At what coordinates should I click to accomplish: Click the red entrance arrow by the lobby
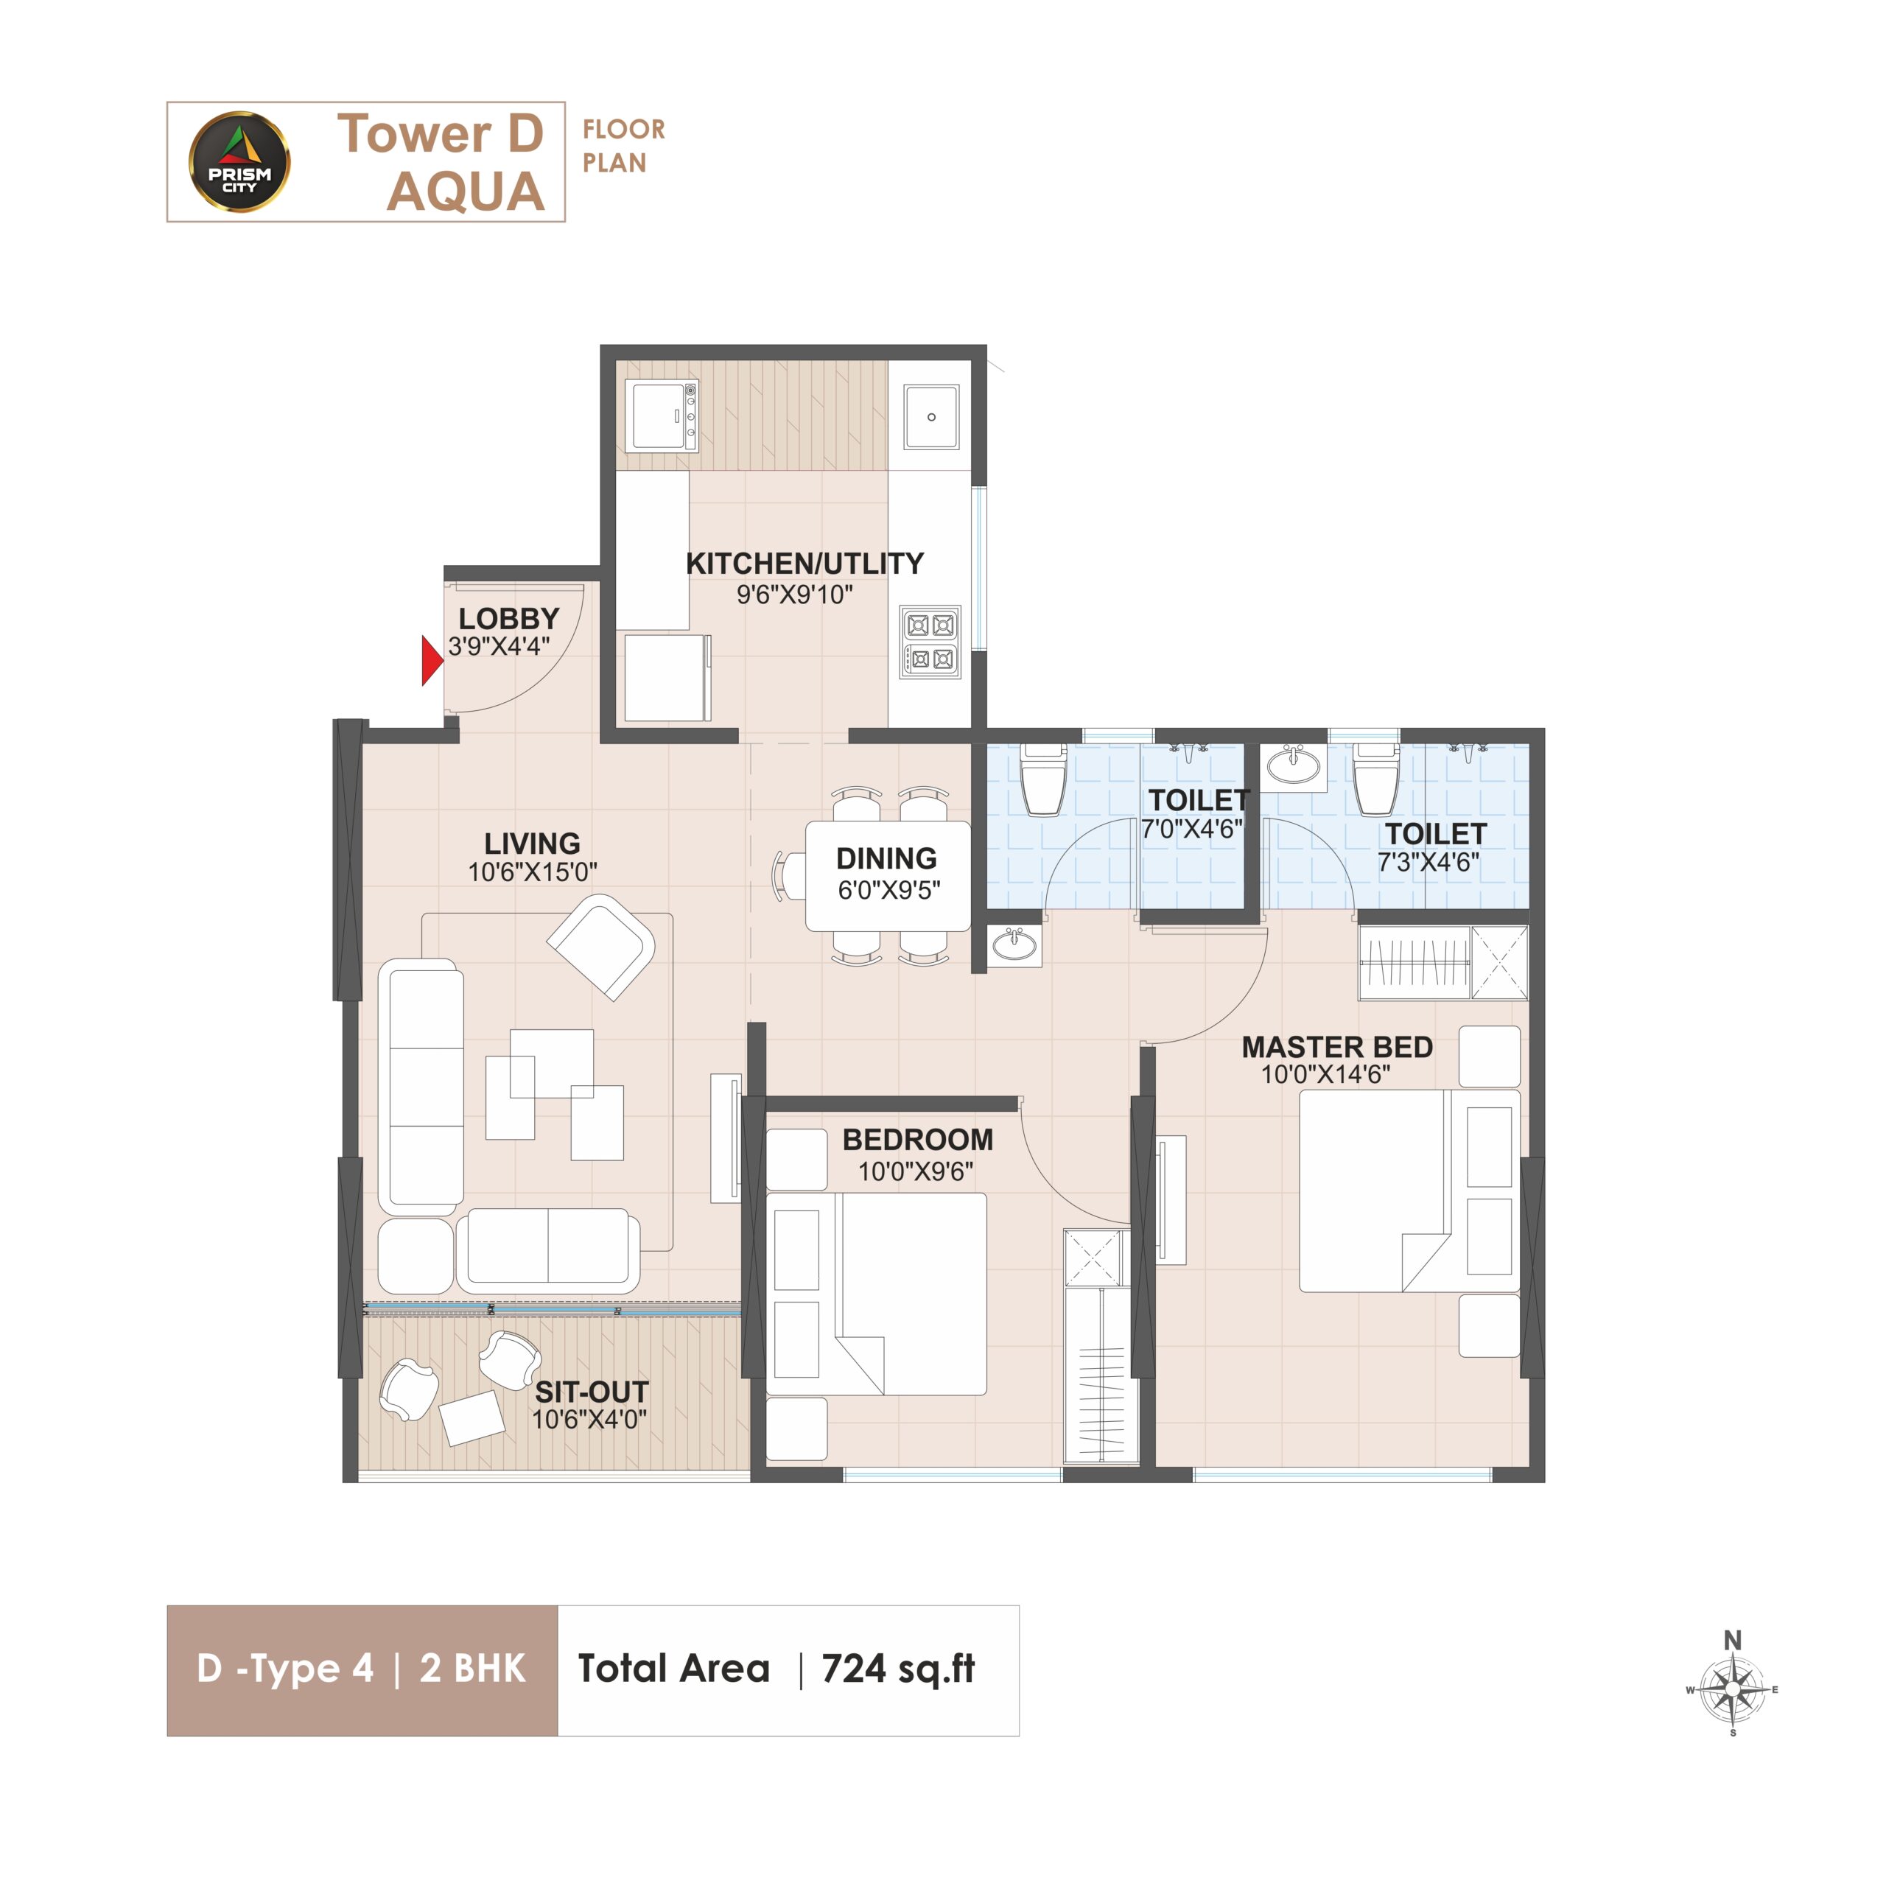click(432, 660)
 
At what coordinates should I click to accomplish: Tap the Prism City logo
click(239, 162)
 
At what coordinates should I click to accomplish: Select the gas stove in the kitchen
click(929, 642)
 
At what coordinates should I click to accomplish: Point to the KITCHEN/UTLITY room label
click(804, 564)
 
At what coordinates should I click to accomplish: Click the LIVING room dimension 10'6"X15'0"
click(532, 872)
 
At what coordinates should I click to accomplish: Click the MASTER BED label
click(1336, 1046)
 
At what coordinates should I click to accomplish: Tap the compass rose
click(1733, 1689)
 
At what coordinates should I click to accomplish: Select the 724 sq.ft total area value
click(898, 1669)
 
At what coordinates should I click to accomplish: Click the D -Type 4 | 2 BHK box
click(362, 1670)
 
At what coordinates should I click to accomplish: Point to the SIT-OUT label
click(592, 1392)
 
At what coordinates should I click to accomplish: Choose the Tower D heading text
click(441, 134)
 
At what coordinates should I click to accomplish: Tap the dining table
click(887, 876)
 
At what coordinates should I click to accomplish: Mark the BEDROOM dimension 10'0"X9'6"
click(916, 1171)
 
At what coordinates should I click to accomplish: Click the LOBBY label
click(508, 618)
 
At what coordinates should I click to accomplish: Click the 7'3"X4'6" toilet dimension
click(1428, 862)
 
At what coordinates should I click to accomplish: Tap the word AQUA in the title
click(466, 192)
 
